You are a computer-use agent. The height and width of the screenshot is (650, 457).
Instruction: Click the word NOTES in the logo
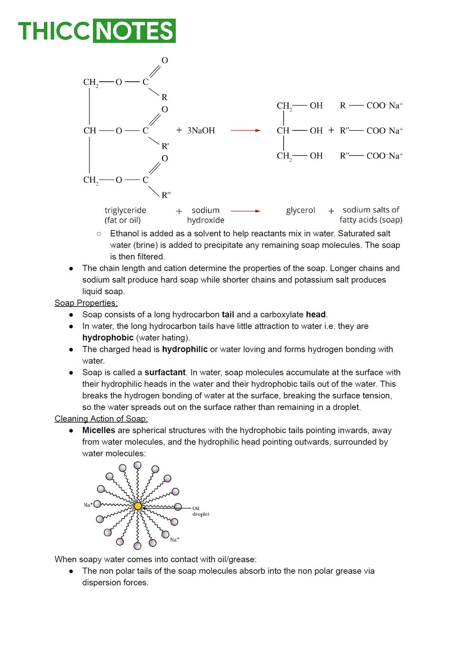(134, 31)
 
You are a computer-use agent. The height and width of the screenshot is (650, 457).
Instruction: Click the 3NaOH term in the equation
(201, 130)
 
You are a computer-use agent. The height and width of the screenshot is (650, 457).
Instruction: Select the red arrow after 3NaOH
(245, 130)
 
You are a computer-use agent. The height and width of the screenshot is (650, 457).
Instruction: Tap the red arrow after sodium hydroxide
(245, 211)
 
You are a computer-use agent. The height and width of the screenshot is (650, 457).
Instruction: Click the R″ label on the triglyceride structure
(166, 195)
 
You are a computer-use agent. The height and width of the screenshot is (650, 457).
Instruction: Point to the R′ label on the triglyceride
(165, 146)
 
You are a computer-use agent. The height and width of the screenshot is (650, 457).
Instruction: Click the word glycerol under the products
(300, 210)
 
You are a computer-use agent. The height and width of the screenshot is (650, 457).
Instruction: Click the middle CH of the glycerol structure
(283, 130)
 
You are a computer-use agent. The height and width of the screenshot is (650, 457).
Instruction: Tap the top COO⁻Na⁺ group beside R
(384, 105)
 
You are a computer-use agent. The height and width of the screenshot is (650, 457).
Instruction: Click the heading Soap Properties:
(86, 303)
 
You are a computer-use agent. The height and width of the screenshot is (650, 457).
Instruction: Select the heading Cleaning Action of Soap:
(101, 419)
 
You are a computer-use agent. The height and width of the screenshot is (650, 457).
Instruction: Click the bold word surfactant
(165, 372)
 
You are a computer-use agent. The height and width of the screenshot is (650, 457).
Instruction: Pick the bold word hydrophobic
(107, 338)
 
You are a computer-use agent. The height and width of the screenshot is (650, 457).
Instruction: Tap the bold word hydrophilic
(184, 349)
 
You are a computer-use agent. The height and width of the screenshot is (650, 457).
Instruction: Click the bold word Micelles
(99, 430)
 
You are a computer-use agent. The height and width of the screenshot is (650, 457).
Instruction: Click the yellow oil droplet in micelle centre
(138, 506)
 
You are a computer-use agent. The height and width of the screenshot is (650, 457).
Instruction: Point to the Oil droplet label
(200, 511)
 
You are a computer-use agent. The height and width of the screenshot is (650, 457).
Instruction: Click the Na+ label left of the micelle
(88, 505)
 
